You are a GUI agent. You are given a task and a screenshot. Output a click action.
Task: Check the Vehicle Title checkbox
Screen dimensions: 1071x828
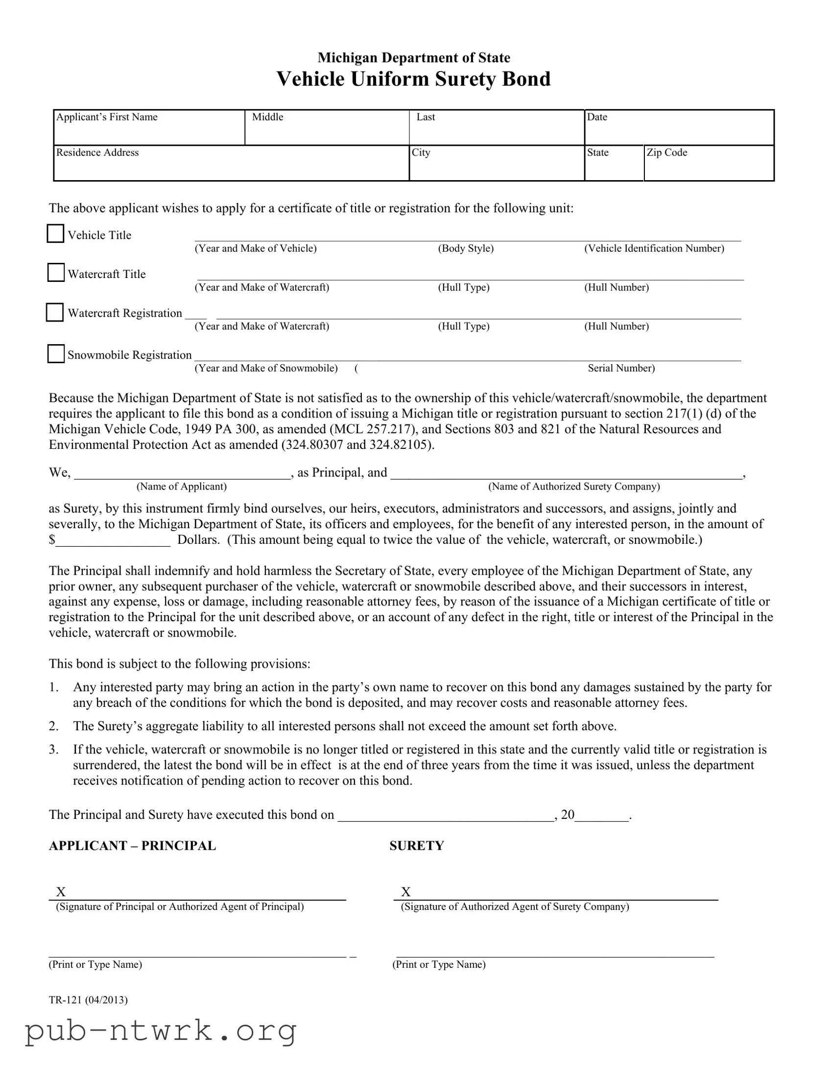pos(55,233)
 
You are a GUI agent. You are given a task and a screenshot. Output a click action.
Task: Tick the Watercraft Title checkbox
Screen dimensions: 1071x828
pos(56,273)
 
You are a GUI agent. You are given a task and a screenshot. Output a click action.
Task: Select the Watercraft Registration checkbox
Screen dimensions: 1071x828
pos(55,312)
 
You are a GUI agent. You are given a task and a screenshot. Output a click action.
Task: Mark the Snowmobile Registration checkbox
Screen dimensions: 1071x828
pos(56,353)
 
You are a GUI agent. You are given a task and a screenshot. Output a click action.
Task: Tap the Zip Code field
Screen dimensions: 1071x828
pos(709,167)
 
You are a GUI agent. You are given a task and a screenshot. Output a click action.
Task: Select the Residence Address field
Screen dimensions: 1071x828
pos(231,167)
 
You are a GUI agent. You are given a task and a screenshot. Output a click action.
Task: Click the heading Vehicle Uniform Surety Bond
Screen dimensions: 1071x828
pos(413,79)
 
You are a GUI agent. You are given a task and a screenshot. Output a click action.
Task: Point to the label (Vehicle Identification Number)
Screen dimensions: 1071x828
pos(654,248)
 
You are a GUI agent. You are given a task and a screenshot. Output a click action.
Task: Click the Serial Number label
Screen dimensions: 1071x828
pos(621,368)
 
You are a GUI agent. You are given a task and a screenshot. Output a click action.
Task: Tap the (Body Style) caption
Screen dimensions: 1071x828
pos(466,248)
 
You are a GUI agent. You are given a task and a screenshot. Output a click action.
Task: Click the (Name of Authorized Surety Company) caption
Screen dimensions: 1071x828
pos(574,487)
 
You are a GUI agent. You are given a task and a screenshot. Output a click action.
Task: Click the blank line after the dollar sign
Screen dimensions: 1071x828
pos(113,540)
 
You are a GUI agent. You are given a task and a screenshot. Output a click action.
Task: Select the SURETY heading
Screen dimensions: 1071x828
pos(417,845)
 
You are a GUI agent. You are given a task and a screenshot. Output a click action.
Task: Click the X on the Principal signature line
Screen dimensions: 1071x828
pos(61,891)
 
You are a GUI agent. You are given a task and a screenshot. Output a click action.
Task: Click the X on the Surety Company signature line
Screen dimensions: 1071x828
pos(405,891)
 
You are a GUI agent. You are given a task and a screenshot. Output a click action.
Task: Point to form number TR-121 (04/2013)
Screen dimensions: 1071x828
pos(88,1000)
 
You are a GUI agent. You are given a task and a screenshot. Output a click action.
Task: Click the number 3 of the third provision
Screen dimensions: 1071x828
pos(53,749)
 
